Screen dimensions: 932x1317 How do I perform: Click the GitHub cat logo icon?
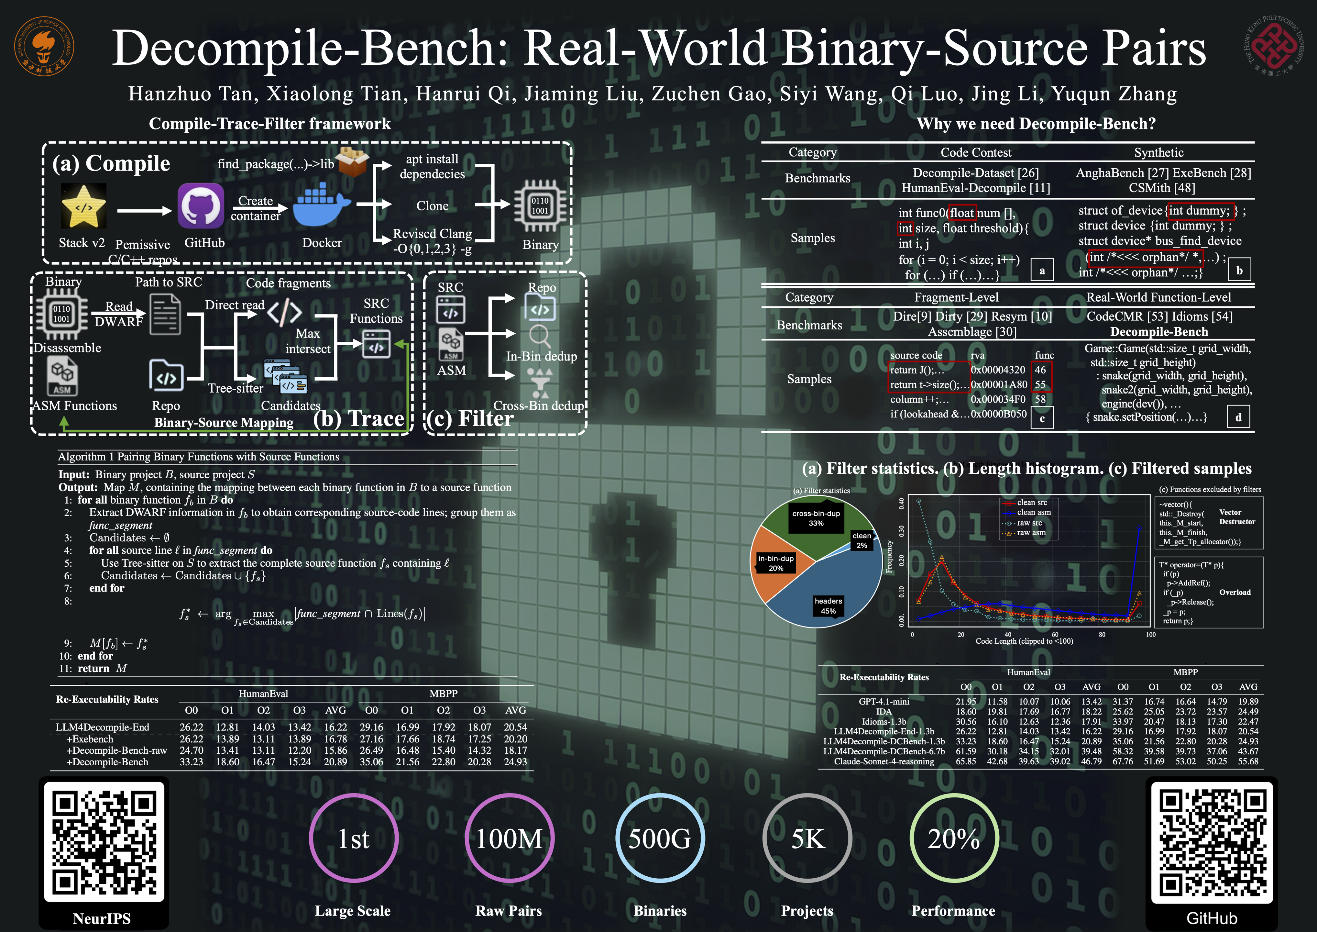(x=201, y=205)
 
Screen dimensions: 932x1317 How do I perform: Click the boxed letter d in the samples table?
(x=1238, y=417)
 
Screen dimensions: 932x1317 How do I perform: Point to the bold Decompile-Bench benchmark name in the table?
(x=1159, y=332)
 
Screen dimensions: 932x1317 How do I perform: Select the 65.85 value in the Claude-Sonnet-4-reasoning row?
(x=966, y=761)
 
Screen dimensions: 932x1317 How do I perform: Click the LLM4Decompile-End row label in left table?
(x=102, y=727)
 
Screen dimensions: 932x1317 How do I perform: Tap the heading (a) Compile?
(x=111, y=163)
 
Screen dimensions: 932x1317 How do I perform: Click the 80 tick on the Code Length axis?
(x=1102, y=635)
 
